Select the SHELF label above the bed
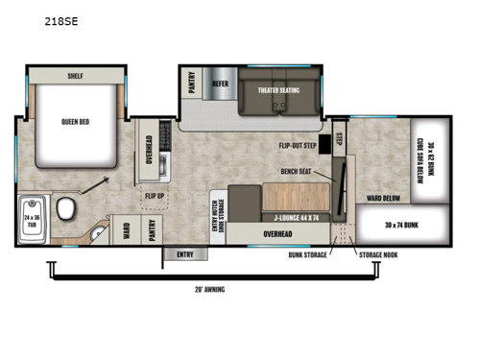tap(76, 75)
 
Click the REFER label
tap(220, 84)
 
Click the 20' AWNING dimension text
tap(208, 288)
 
